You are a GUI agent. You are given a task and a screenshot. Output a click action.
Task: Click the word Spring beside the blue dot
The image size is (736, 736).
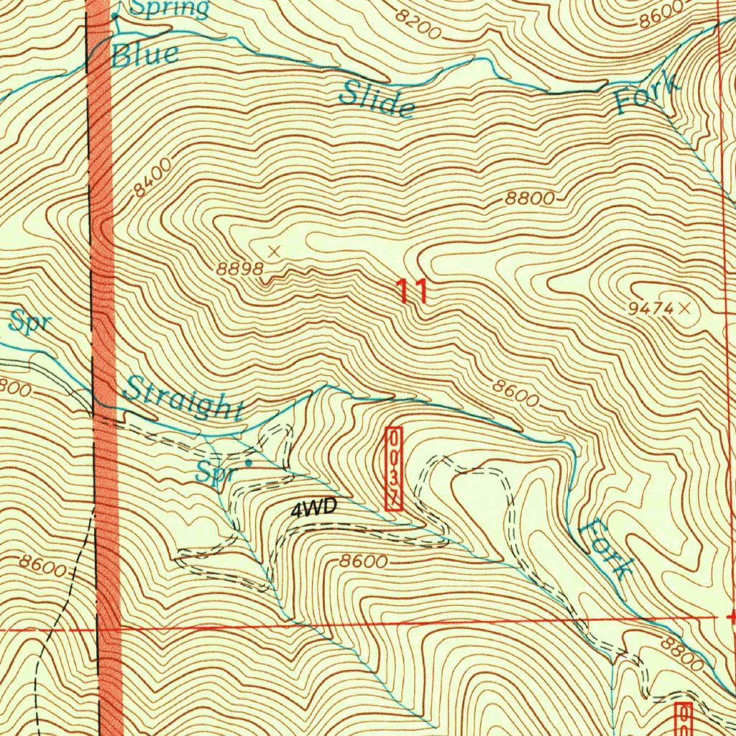tap(170, 9)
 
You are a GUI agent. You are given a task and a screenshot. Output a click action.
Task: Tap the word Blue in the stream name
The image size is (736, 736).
tap(144, 55)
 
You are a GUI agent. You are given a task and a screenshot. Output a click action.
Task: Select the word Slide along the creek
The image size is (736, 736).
tap(377, 99)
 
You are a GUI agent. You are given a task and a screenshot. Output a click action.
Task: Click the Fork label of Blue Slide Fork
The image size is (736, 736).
tap(647, 94)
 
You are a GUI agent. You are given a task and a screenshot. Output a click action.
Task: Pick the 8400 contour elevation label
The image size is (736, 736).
tap(152, 179)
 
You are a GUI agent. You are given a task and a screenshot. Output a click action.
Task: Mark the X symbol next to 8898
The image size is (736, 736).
tap(274, 251)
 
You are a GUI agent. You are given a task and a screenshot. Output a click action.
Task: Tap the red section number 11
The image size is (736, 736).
tap(413, 293)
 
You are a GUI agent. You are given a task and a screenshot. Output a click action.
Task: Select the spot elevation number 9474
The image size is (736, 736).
tap(650, 309)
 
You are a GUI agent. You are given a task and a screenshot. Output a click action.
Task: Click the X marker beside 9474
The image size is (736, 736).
tap(684, 308)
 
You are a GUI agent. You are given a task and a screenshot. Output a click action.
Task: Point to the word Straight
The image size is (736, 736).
tap(183, 400)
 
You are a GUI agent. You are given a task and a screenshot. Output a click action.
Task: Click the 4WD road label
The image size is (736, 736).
tap(314, 509)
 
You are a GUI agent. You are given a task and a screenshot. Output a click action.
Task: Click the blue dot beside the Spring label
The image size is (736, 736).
tap(115, 14)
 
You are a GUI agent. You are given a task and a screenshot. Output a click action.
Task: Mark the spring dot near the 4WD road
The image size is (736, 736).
tap(249, 463)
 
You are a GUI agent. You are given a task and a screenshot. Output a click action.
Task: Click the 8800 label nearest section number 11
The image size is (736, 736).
tap(530, 199)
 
